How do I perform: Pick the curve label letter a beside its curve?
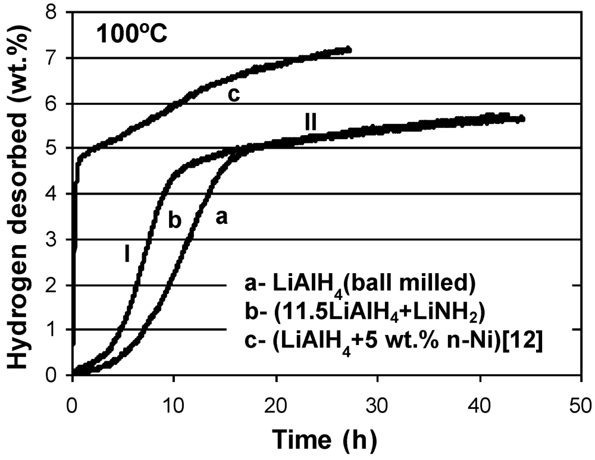(x=221, y=218)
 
